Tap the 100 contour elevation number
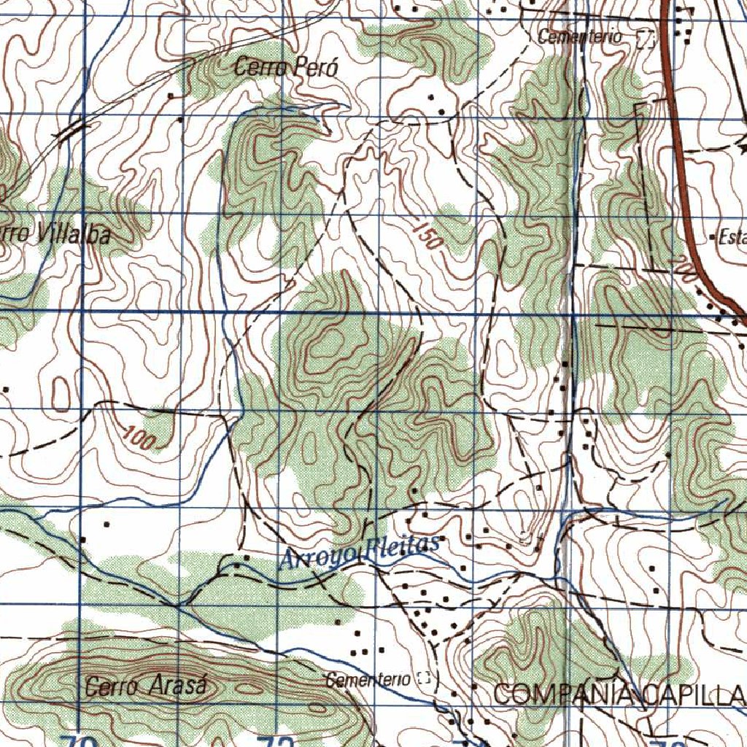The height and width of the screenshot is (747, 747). (x=139, y=438)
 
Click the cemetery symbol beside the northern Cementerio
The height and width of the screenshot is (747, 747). (x=644, y=38)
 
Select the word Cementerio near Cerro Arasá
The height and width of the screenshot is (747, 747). (x=368, y=680)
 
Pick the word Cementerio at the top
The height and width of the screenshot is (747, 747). (x=580, y=36)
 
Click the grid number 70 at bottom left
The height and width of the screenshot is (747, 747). (x=79, y=741)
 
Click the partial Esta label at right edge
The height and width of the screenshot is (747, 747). (x=731, y=237)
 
